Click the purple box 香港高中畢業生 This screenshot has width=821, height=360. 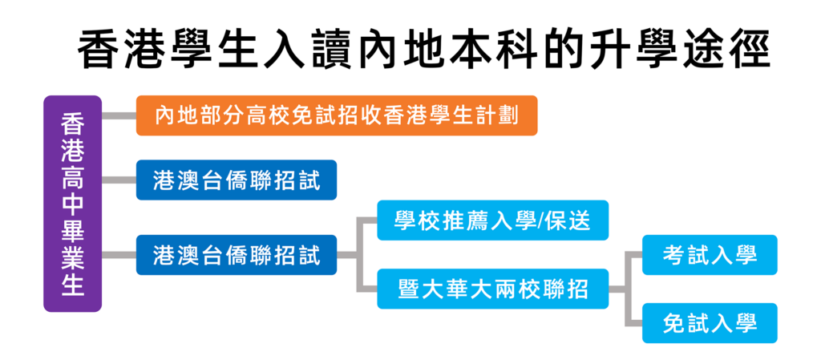(x=72, y=204)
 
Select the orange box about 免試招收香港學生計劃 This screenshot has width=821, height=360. (x=337, y=115)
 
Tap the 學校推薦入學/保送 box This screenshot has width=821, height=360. (x=493, y=220)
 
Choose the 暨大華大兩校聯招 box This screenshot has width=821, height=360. (x=493, y=289)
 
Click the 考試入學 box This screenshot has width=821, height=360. (x=710, y=255)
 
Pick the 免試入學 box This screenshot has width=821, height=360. (x=710, y=323)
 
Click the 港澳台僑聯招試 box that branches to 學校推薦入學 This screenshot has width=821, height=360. (x=237, y=255)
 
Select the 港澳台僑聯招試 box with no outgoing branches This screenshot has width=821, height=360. (x=237, y=180)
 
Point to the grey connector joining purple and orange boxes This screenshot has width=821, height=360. (x=119, y=115)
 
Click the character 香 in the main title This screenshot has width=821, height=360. (x=99, y=51)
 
